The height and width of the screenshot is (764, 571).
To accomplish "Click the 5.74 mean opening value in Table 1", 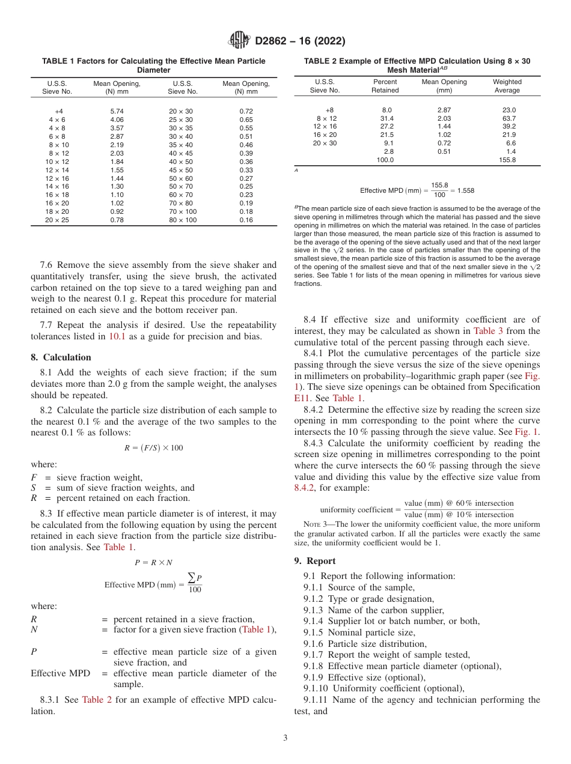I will point(117,112).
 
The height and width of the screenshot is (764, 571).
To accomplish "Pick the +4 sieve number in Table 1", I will point(58,112).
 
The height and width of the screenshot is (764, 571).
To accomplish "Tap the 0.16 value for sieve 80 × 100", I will point(246,220).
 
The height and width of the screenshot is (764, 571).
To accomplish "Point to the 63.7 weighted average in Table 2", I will point(508,118).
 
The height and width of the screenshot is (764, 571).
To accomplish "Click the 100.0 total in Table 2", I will point(385,160).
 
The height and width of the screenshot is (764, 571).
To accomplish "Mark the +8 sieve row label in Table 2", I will point(329,110).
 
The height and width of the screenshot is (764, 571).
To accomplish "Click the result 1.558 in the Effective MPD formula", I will point(464,190).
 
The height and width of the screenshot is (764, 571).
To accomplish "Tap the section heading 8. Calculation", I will point(61,357).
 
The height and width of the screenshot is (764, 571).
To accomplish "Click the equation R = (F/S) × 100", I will point(153,448).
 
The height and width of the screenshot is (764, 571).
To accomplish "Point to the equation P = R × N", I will point(153,562).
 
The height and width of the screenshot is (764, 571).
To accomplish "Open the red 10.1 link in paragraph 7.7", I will point(117,336).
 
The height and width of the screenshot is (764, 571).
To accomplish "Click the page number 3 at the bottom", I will point(285,738).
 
